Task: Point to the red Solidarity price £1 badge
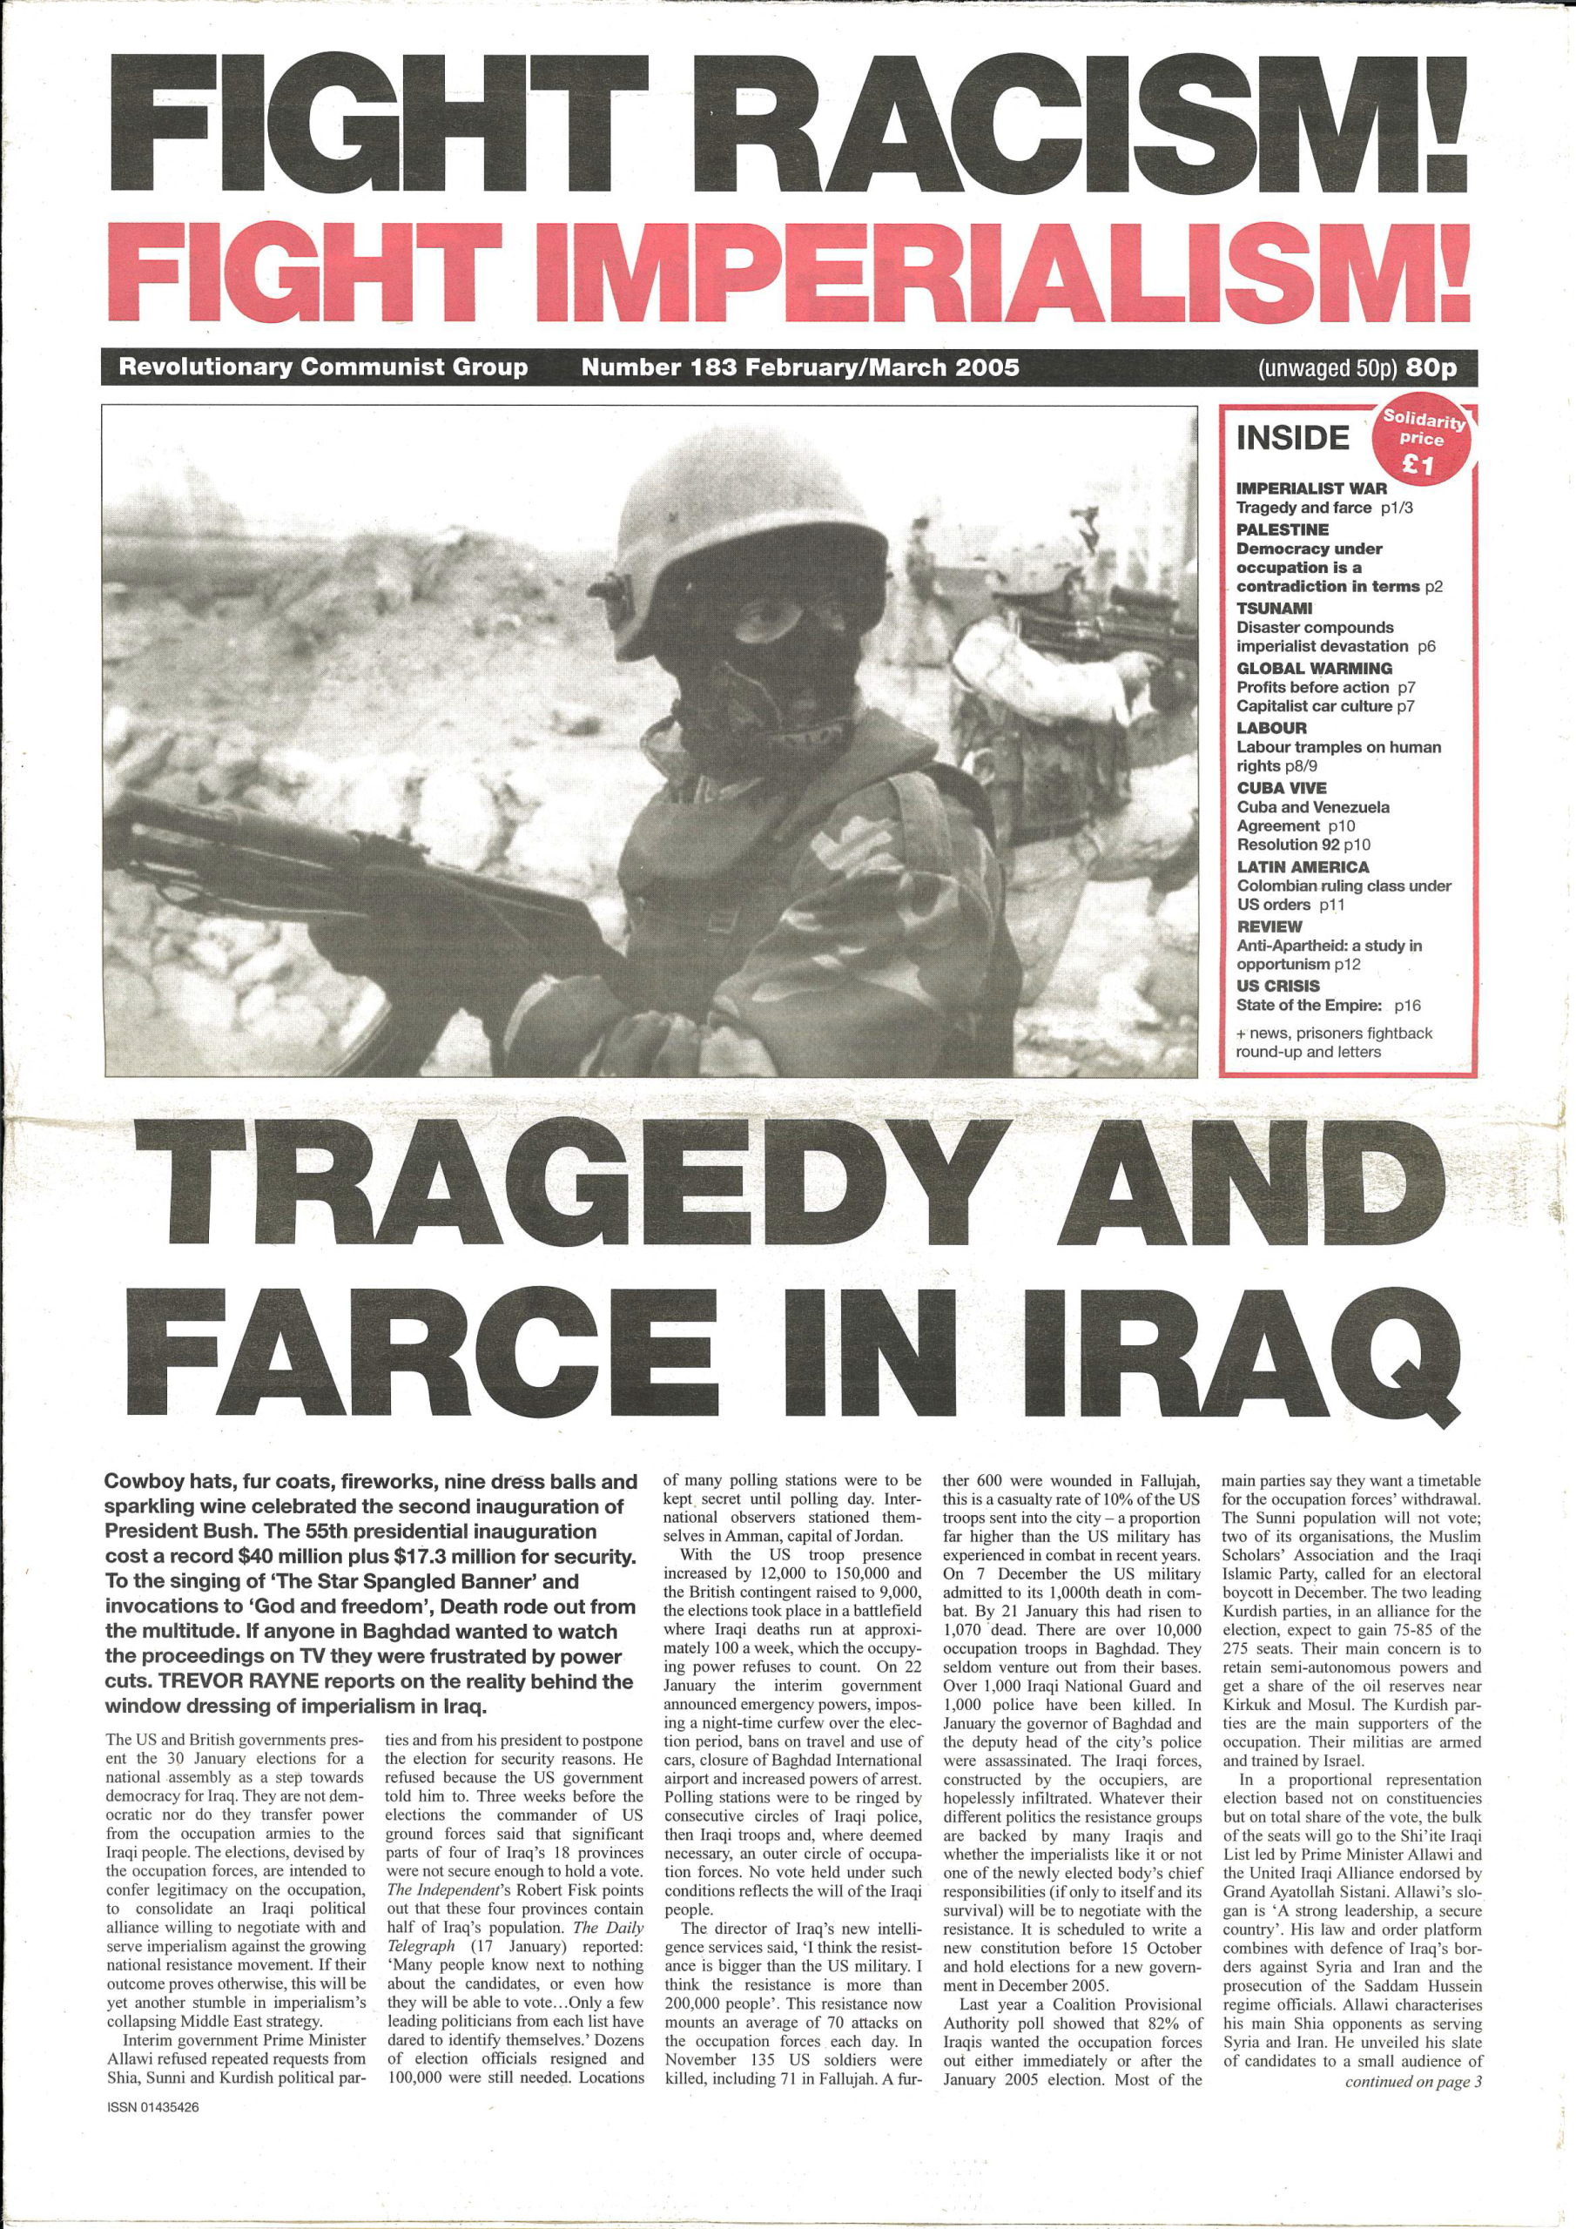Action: [1422, 441]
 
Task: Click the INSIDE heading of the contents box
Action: [1292, 438]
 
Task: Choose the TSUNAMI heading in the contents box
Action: [1274, 608]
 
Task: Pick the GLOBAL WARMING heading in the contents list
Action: [1314, 668]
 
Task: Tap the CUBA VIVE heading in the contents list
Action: [1281, 787]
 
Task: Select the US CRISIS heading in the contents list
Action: [1278, 986]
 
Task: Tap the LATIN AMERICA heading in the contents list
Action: [1303, 867]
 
